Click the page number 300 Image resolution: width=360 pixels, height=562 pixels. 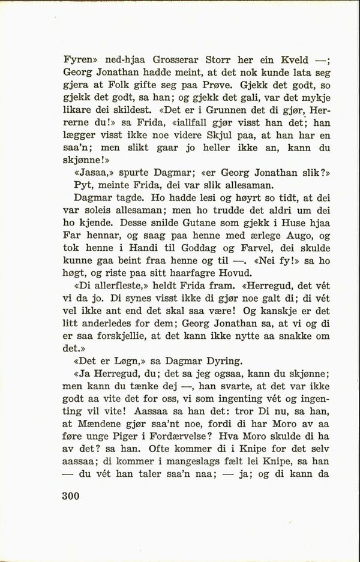(x=71, y=497)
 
